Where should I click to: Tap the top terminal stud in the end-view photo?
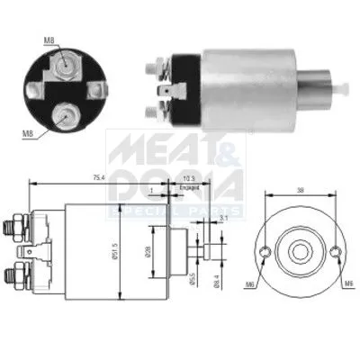click(65, 56)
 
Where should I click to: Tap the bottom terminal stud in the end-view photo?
click(66, 113)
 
